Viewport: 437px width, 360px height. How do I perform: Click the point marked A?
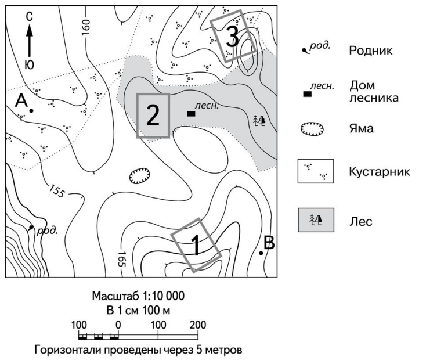31,110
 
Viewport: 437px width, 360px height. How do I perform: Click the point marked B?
261,253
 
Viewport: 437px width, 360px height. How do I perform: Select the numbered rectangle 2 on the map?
153,116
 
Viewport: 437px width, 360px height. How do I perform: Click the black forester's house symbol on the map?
191,114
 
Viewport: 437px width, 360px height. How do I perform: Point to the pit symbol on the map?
139,174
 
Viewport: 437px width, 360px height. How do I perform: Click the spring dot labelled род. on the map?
30,228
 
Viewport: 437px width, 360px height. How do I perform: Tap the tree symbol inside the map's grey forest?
259,120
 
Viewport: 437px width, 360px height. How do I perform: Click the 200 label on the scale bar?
198,324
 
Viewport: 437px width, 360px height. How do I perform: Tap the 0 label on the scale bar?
118,324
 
